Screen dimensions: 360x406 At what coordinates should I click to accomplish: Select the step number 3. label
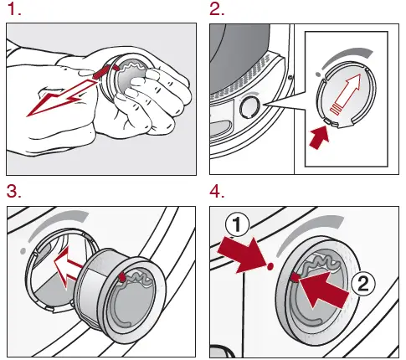(x=13, y=191)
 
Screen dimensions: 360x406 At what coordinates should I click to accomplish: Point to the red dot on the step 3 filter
(x=123, y=275)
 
